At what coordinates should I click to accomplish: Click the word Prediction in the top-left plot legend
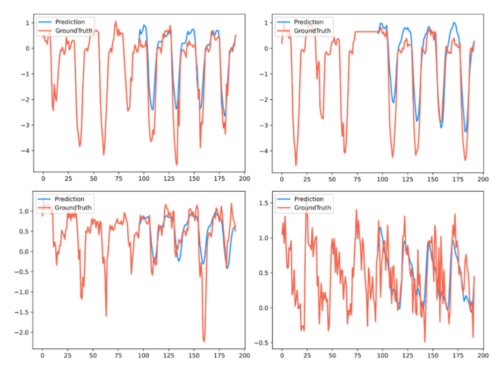coord(70,22)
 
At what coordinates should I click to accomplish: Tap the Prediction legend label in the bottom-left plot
coord(70,199)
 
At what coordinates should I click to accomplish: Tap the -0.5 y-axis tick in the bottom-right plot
coord(265,342)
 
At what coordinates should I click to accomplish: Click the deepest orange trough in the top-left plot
coord(177,164)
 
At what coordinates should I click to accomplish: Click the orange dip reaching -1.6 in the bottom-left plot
coord(106,316)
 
